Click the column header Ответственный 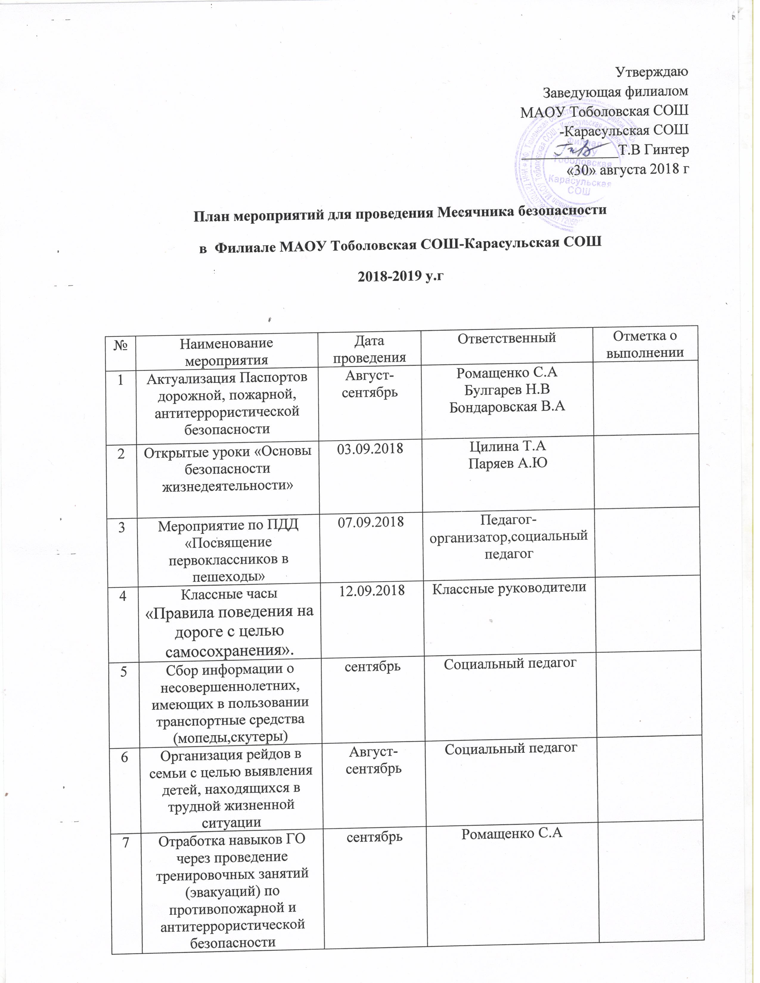tap(506, 338)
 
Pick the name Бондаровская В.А tap(508, 407)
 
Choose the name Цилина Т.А tap(508, 447)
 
